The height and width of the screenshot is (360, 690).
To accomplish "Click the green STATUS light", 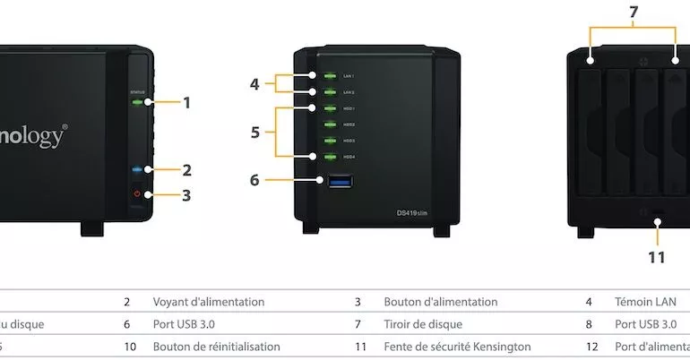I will (x=137, y=102).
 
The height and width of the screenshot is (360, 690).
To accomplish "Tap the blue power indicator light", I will (x=137, y=168).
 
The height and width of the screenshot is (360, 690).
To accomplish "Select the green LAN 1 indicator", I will (x=329, y=76).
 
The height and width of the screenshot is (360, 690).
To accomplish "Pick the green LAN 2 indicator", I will (x=329, y=91).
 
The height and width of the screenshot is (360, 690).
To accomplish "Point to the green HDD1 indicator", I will (x=329, y=108).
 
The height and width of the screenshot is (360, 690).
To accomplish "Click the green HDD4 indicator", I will (x=329, y=157).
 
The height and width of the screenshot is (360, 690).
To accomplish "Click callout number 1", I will (x=186, y=102).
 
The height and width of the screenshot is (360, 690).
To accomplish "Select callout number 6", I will (x=254, y=180).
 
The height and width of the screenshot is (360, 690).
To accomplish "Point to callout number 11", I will (x=657, y=257).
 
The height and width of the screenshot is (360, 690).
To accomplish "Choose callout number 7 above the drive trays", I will (x=634, y=12).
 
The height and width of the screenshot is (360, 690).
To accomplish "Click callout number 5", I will (x=255, y=132).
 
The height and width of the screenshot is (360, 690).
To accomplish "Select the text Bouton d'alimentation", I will (x=440, y=303).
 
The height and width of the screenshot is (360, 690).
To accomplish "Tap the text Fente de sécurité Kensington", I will (x=457, y=346).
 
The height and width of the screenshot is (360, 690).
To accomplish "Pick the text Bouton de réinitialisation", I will (x=216, y=346).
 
